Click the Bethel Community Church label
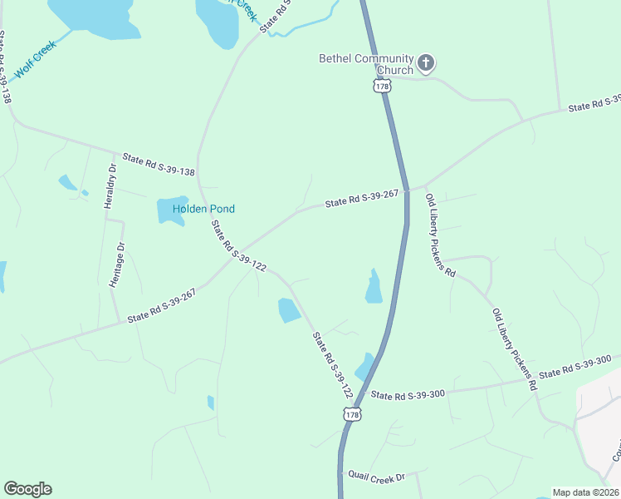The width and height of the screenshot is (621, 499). coord(366,64)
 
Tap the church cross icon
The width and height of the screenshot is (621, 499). coord(426,62)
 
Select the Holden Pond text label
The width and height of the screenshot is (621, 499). coord(204,209)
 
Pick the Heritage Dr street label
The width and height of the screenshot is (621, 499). coord(117,264)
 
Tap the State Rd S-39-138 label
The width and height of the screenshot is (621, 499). coord(158,164)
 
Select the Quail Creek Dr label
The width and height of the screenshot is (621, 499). coord(376,477)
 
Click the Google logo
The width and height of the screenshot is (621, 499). coord(27,489)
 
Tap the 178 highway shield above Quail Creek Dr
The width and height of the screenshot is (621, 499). coord(352,414)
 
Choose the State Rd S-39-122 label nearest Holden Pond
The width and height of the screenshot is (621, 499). coord(238,246)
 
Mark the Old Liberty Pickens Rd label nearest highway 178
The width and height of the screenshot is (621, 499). coord(440,235)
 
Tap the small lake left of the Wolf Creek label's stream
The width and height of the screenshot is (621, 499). coord(91,18)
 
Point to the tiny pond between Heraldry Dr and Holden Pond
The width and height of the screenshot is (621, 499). coord(67,181)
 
